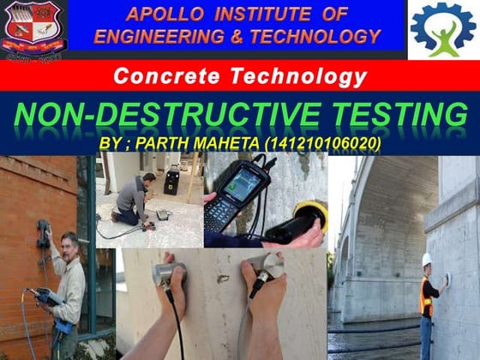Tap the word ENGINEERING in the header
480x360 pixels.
click(153, 36)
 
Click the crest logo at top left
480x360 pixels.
click(32, 26)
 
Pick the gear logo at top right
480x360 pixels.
click(442, 28)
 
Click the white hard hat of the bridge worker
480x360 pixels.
click(426, 259)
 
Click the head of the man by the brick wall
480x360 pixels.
click(69, 243)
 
